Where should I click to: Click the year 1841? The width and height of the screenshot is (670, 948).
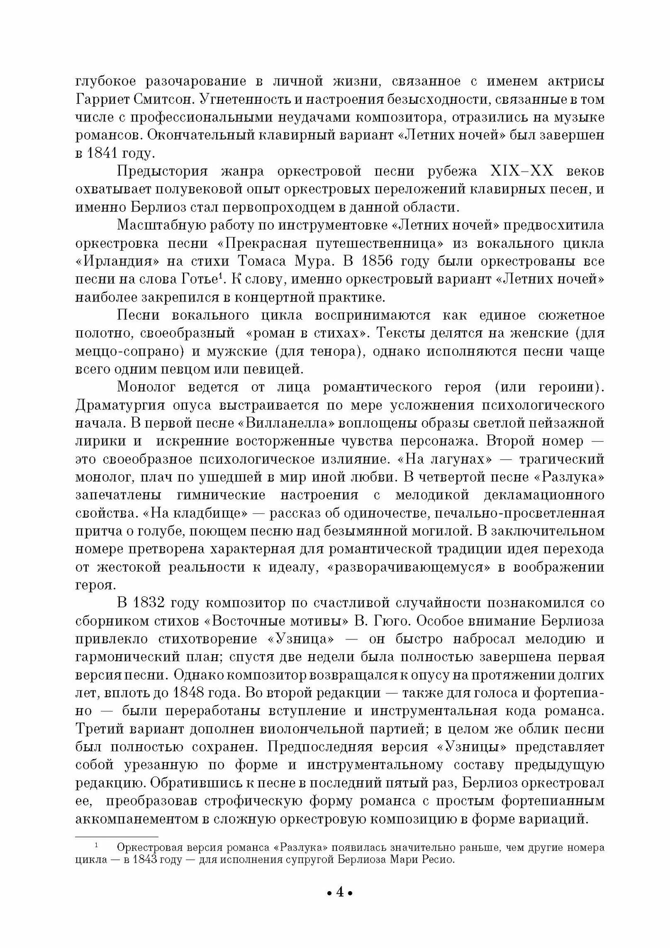[101, 153]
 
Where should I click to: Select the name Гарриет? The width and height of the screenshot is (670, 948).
[101, 100]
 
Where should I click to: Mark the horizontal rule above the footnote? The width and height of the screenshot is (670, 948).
[117, 837]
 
